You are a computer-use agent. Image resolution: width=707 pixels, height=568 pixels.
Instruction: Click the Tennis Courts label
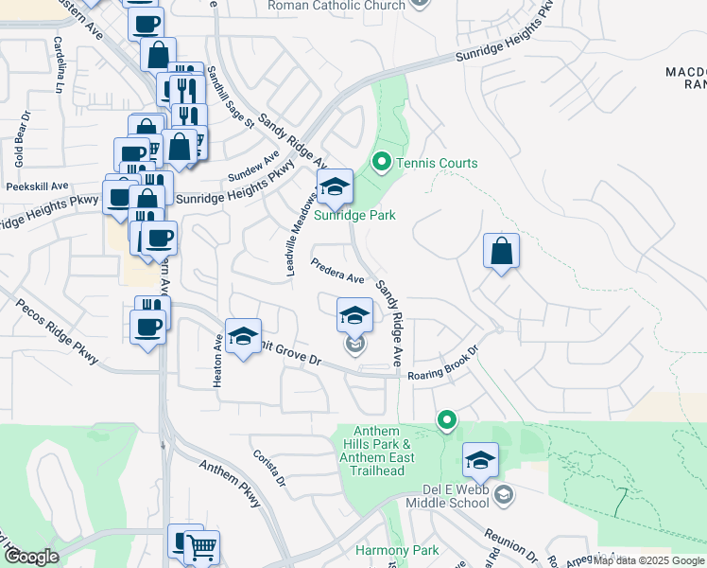[437, 164]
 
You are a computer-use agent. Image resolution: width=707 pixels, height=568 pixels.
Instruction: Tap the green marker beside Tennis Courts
[382, 163]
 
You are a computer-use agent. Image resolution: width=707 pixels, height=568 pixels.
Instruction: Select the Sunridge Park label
[356, 215]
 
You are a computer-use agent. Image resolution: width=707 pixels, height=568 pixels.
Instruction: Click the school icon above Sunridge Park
[334, 186]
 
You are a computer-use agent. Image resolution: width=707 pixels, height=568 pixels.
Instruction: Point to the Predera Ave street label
[338, 272]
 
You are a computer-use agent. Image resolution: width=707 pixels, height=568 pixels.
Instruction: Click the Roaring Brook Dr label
[443, 363]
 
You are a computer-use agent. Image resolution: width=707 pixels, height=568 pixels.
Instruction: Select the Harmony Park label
[397, 550]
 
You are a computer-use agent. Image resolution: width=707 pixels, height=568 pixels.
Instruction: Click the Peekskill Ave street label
[38, 186]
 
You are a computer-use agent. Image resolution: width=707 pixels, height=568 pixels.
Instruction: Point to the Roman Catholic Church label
[336, 6]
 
